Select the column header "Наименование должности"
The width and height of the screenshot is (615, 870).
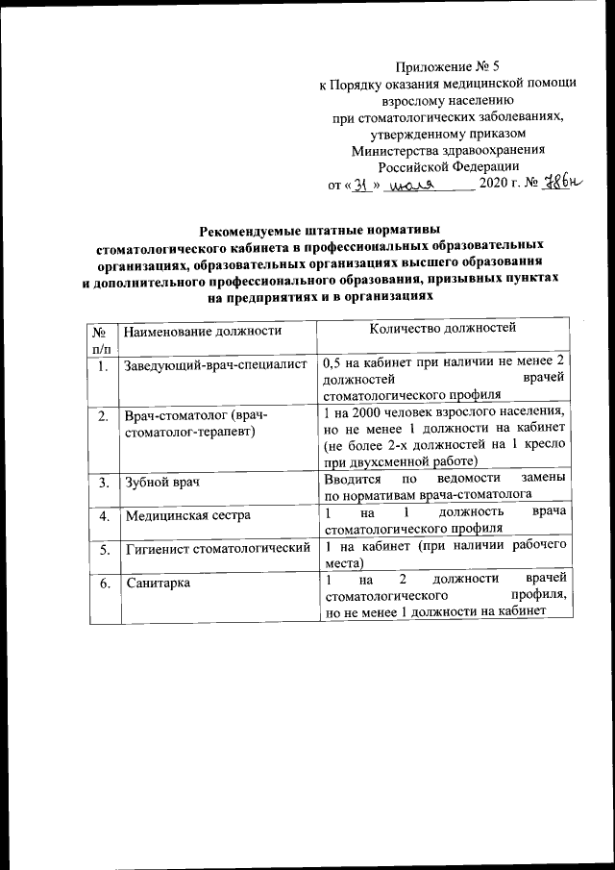[202, 331]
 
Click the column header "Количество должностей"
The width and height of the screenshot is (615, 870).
[443, 329]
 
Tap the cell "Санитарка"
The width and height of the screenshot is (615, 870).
[157, 583]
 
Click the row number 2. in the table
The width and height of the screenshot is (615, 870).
[102, 415]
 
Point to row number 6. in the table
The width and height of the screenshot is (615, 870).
[102, 583]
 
